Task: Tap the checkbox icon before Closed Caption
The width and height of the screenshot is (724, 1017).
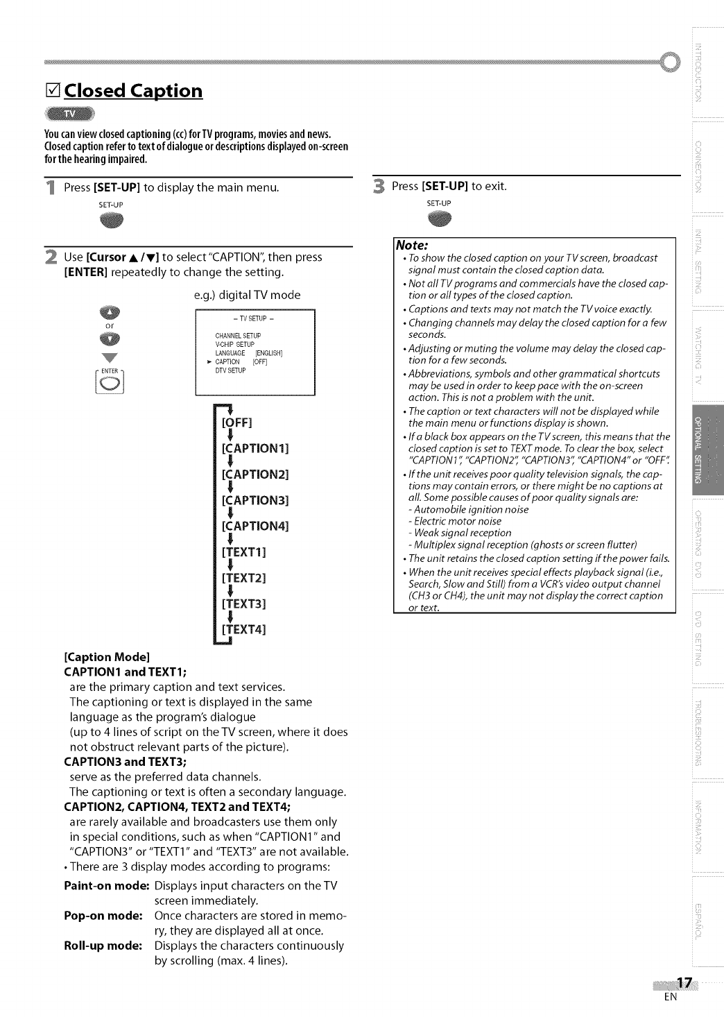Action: [52, 91]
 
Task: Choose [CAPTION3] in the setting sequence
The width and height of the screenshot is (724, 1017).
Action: [255, 500]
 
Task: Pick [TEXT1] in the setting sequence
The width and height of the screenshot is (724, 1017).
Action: [244, 552]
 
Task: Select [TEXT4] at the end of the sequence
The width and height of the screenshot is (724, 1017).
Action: [244, 629]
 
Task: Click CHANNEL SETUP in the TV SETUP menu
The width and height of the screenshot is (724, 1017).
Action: [238, 336]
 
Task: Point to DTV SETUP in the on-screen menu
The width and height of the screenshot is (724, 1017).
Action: [230, 370]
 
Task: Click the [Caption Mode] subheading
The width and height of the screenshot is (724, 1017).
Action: [107, 656]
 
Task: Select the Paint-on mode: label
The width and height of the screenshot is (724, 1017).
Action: [107, 886]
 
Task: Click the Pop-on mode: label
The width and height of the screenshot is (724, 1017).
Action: [103, 916]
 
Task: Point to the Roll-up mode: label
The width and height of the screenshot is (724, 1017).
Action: [103, 946]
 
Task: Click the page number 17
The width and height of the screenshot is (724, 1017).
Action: [684, 982]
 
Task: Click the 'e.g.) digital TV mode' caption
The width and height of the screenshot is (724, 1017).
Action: [247, 295]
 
